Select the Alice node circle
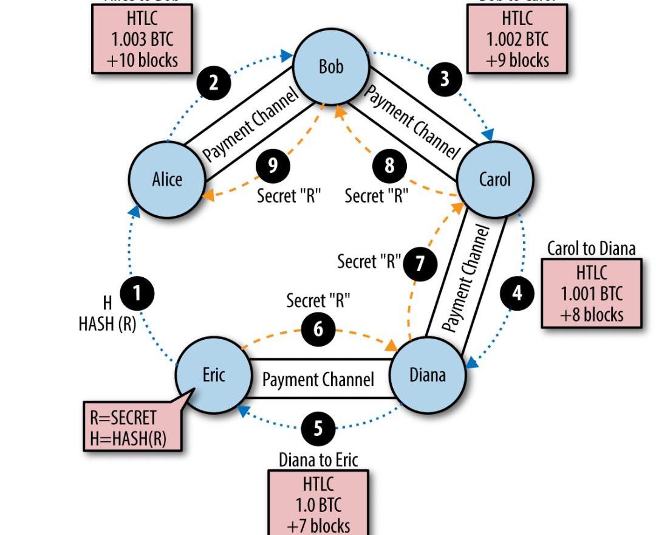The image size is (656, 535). [166, 179]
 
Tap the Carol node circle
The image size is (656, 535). [494, 179]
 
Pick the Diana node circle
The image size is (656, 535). [427, 374]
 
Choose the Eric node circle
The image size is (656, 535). [213, 374]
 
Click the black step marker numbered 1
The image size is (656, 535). [137, 294]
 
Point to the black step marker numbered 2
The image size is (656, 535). [213, 82]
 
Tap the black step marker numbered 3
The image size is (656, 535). [445, 78]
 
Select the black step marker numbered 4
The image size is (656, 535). [517, 293]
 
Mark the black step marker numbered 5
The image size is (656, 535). [318, 429]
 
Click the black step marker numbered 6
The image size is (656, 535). [318, 329]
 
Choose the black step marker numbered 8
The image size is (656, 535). [389, 165]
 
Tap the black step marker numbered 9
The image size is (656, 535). [273, 165]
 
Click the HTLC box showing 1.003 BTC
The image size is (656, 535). [142, 39]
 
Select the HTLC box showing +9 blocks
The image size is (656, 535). [518, 39]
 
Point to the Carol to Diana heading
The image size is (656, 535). [591, 248]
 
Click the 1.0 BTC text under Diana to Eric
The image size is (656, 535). [318, 505]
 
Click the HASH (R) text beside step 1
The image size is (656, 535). [107, 323]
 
